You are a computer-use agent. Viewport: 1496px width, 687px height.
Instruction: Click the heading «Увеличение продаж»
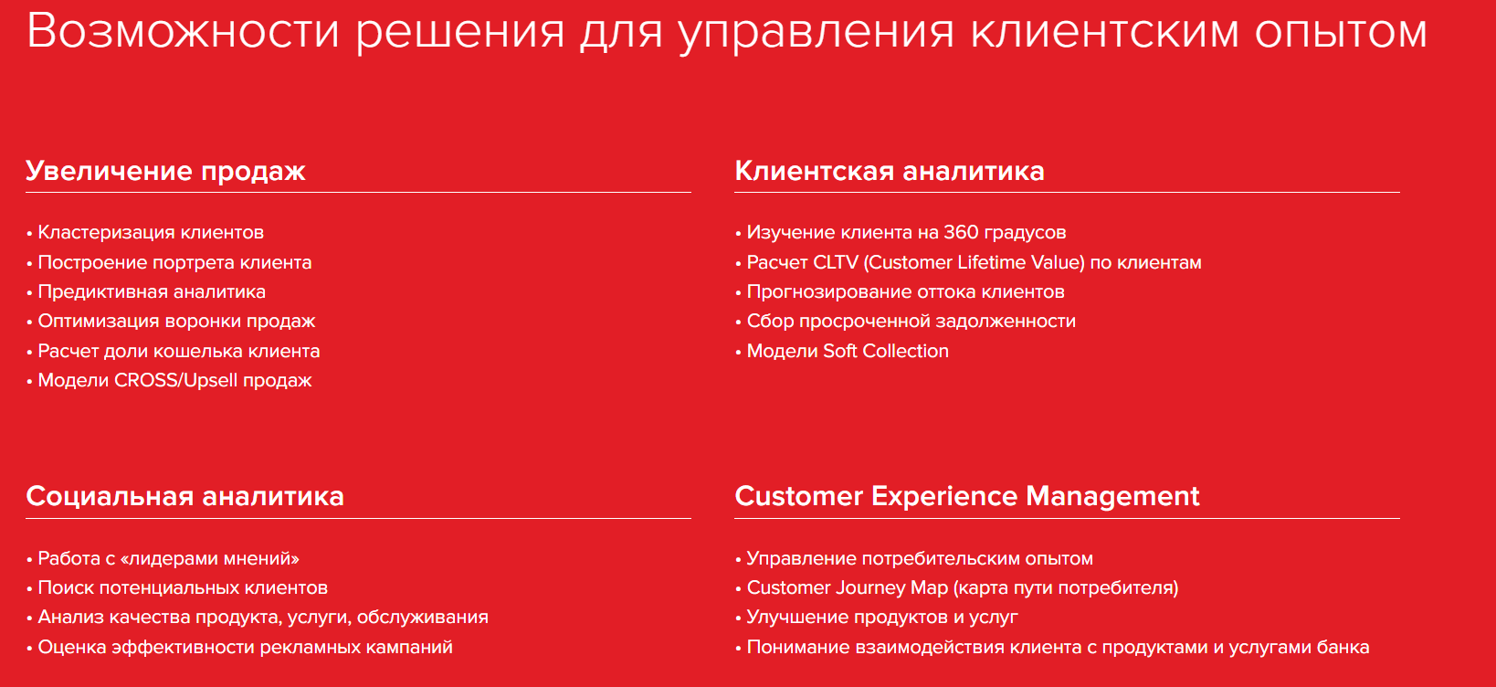click(x=165, y=171)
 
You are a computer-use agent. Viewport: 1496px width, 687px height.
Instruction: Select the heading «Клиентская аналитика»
click(x=889, y=171)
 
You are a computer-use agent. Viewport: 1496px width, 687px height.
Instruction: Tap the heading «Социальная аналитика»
click(x=184, y=496)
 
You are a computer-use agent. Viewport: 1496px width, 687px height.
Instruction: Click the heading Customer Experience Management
click(x=966, y=496)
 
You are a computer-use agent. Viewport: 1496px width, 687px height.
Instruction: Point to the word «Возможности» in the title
click(x=183, y=31)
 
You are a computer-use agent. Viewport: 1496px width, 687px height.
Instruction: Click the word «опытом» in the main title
click(x=1340, y=31)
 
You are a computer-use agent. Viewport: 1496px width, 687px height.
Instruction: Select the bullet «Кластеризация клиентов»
click(x=151, y=233)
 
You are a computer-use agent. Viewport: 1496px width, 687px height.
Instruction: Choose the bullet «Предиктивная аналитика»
click(x=152, y=292)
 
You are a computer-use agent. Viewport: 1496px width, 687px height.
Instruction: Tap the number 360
click(x=961, y=233)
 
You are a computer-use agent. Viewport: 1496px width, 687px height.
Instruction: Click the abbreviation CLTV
click(x=836, y=263)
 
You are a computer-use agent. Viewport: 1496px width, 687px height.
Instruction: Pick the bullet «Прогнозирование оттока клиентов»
click(x=905, y=292)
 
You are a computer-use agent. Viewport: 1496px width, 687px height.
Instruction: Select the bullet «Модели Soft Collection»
click(x=848, y=352)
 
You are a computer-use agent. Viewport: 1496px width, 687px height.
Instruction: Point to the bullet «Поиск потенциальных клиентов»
click(x=183, y=588)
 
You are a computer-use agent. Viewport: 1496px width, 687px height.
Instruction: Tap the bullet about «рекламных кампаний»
click(x=245, y=648)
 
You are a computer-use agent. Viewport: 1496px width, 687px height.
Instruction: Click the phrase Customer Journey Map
click(x=848, y=588)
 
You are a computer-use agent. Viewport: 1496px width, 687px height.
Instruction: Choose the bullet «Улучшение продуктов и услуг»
click(x=882, y=618)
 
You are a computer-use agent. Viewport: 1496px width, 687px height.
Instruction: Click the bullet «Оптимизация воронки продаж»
click(x=176, y=322)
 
